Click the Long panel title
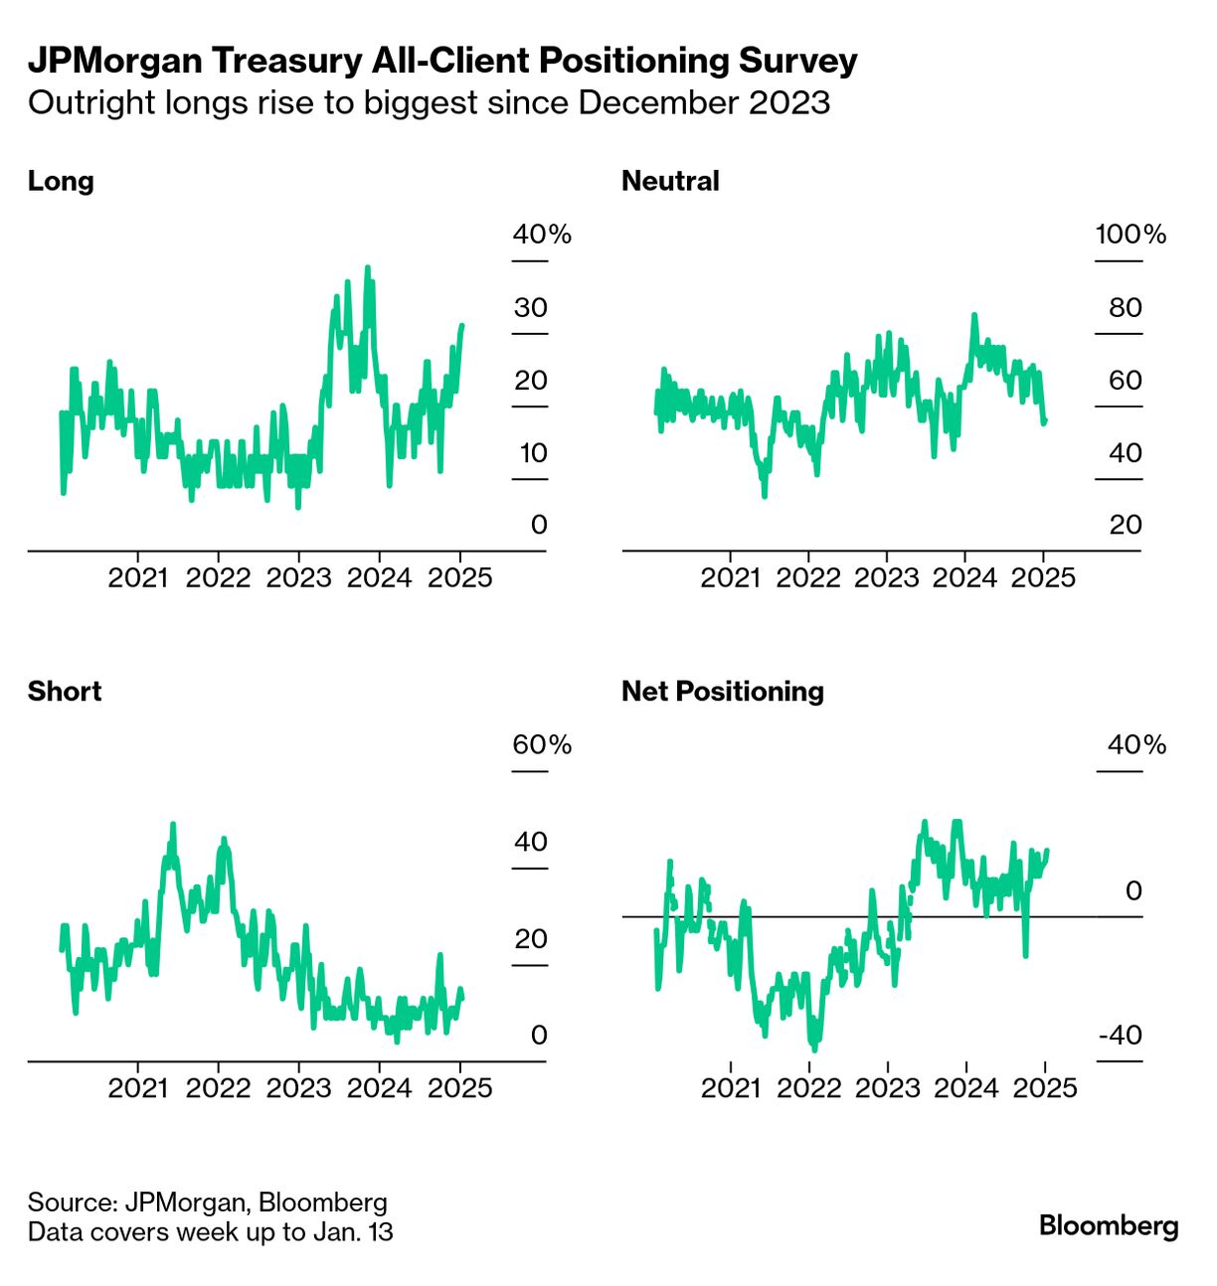point(61,181)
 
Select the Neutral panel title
point(670,181)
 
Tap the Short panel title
point(65,692)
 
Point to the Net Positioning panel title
point(723,692)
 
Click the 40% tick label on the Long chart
point(542,235)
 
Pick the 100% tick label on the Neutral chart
point(1130,235)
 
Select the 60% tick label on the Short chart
point(542,745)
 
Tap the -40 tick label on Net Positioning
point(1121,1036)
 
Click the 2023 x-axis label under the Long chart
point(298,578)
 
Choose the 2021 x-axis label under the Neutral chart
point(730,578)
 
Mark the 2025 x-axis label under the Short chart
point(459,1088)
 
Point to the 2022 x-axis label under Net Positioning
point(808,1088)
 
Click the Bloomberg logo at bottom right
point(1109,1225)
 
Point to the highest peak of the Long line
point(368,268)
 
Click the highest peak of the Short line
point(173,825)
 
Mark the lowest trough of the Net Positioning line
point(814,1047)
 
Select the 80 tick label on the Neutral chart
point(1126,308)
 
